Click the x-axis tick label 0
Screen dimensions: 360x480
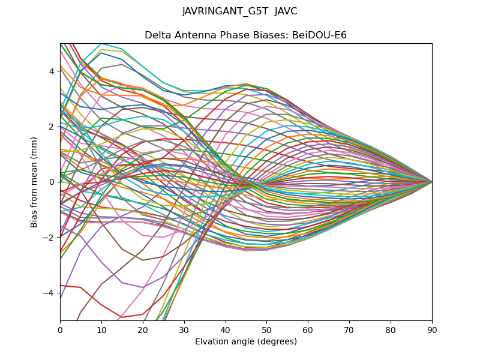click(x=60, y=329)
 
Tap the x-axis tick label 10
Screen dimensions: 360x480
click(x=101, y=329)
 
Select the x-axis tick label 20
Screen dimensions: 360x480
click(x=143, y=329)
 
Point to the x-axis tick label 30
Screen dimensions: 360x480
click(x=184, y=329)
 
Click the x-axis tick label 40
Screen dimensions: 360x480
click(x=226, y=329)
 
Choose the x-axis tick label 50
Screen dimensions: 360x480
click(x=266, y=329)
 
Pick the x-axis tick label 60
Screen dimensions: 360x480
click(x=308, y=329)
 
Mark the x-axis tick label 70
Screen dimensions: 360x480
click(x=349, y=329)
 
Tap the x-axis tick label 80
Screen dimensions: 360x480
click(x=391, y=329)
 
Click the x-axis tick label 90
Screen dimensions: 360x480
click(x=432, y=329)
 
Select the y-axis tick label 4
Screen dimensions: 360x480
click(x=52, y=71)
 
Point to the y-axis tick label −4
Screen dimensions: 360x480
click(x=49, y=293)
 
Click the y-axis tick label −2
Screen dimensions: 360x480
click(x=49, y=238)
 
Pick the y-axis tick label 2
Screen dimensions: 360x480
click(x=52, y=127)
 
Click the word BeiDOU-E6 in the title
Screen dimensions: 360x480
click(x=319, y=35)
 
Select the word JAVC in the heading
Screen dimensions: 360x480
click(x=286, y=11)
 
